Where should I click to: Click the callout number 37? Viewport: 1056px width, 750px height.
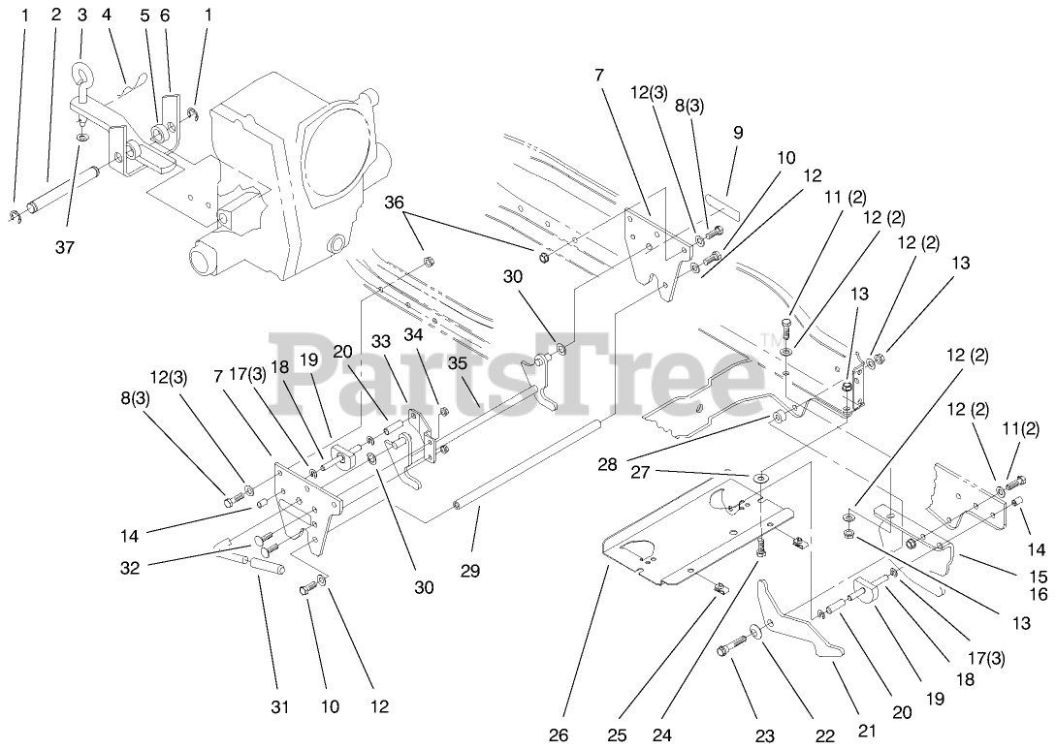click(64, 247)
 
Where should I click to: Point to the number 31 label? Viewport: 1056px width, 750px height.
click(279, 708)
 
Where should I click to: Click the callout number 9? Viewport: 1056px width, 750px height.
click(739, 133)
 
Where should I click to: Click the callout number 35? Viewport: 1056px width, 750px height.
click(458, 365)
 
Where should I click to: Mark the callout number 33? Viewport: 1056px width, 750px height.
click(379, 341)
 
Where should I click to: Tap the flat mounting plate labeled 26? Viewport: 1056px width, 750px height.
click(679, 543)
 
